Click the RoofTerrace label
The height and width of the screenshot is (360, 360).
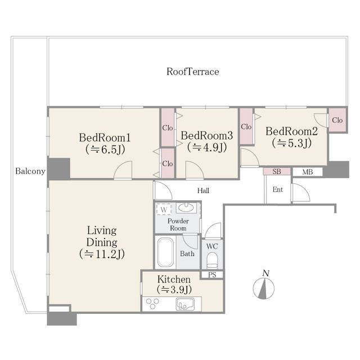[x=192, y=71]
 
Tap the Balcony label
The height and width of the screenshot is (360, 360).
[x=30, y=171]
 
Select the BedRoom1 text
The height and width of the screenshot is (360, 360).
[x=105, y=137]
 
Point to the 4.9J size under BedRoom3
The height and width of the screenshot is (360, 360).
[x=207, y=147]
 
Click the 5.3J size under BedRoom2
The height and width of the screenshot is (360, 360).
[x=291, y=143]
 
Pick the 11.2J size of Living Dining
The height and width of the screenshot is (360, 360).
[x=102, y=254]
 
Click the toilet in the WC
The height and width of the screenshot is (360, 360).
[x=212, y=260]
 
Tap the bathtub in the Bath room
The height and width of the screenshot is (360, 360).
[x=165, y=253]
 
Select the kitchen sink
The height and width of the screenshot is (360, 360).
[x=185, y=304]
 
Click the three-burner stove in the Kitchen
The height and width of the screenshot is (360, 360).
[x=152, y=303]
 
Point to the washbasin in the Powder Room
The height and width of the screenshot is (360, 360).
[x=186, y=208]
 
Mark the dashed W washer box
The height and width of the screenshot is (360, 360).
[x=164, y=209]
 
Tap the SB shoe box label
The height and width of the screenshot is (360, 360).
[x=277, y=172]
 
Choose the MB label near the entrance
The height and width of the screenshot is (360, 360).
[x=308, y=172]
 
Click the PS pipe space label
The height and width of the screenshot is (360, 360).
[x=212, y=275]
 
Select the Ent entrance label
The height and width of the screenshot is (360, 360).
[x=277, y=190]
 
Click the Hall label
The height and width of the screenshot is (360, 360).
[x=203, y=191]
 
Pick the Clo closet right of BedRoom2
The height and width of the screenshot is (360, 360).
[x=337, y=120]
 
